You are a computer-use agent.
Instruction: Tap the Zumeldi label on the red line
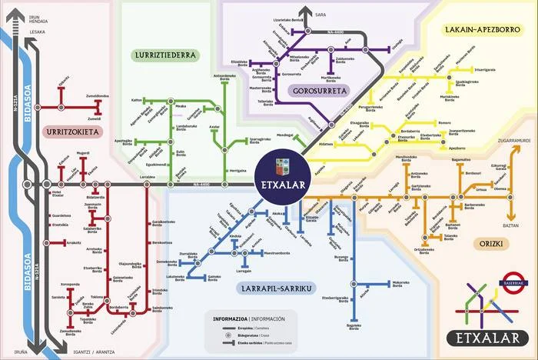click(x=95, y=119)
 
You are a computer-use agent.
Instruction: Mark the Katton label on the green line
click(x=137, y=100)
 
